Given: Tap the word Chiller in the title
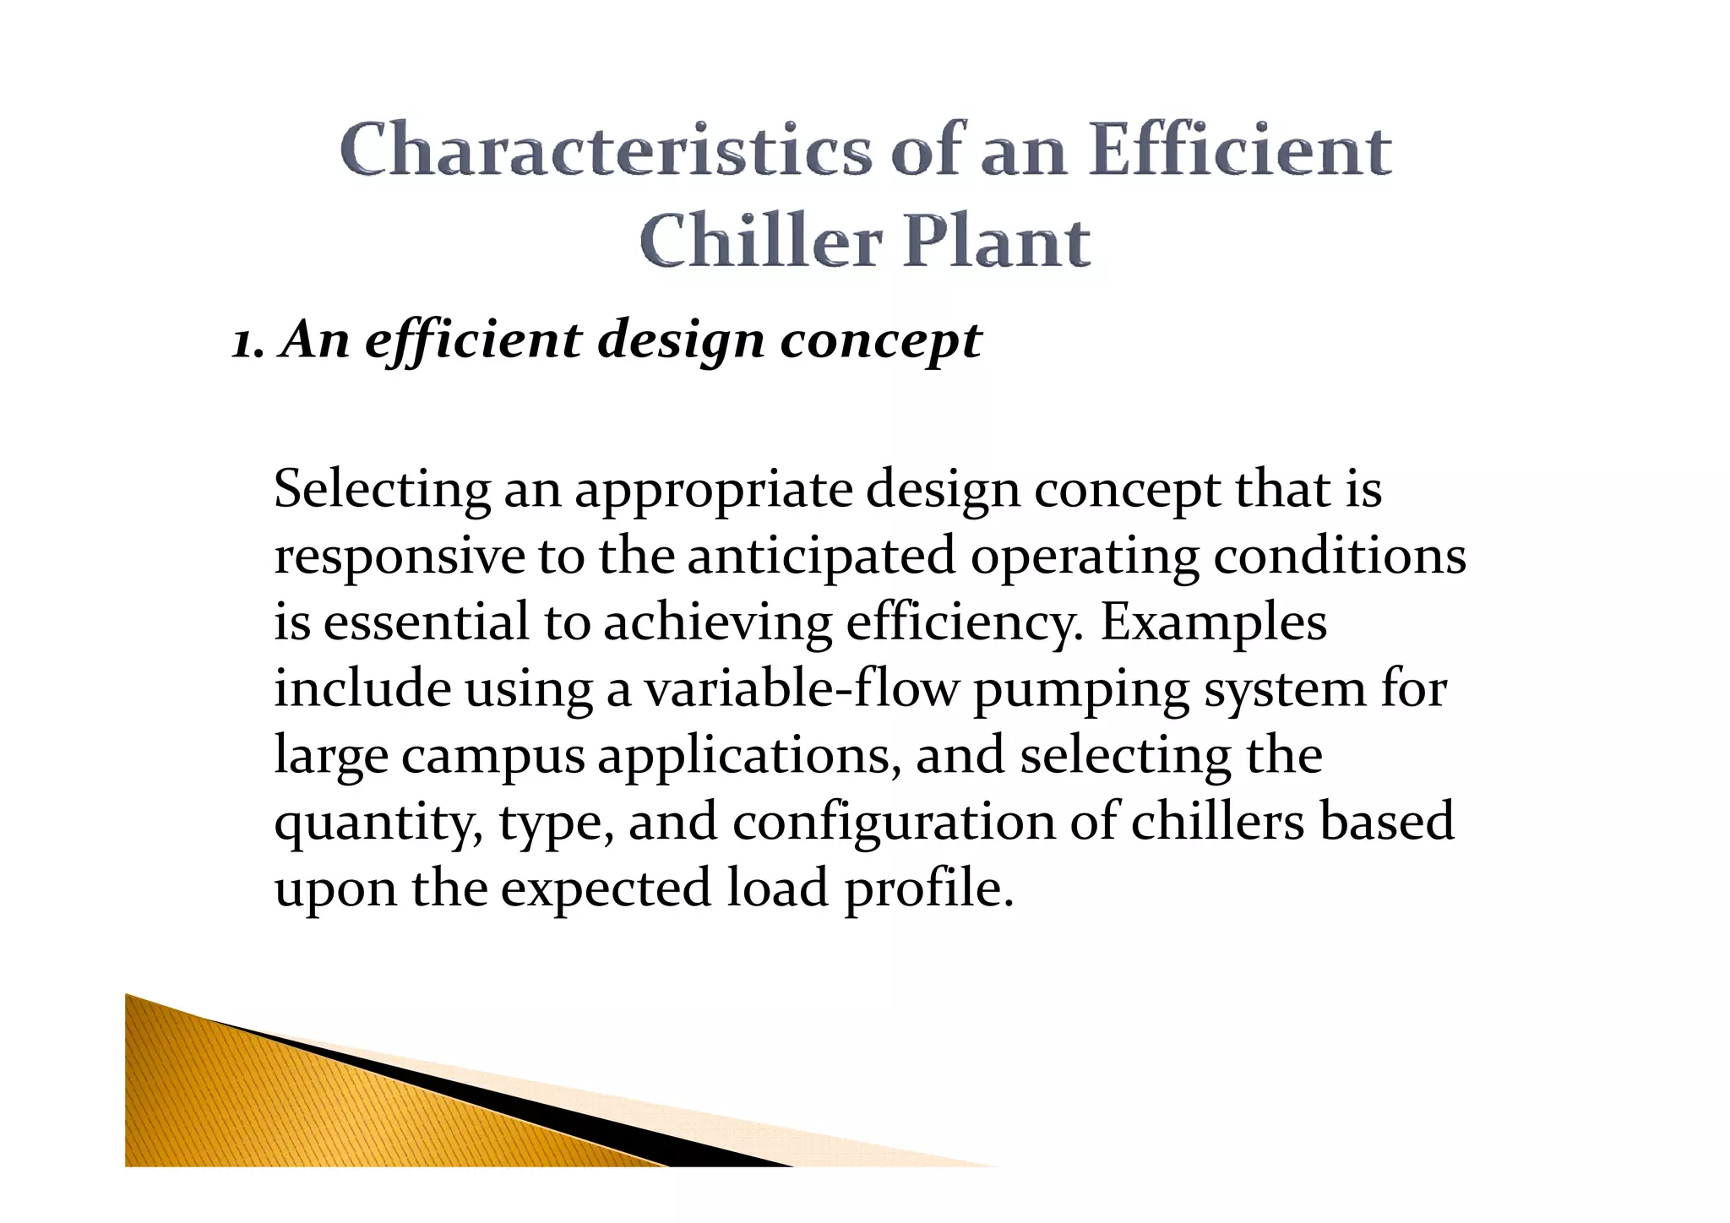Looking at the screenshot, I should tap(760, 242).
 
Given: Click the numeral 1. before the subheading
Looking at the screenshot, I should tap(248, 342).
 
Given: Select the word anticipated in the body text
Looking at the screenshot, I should tap(821, 557).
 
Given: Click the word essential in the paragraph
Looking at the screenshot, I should tap(426, 622).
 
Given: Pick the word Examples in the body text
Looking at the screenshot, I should tap(1213, 622).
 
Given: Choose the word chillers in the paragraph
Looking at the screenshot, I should tap(1217, 822).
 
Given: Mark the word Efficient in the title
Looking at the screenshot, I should tap(1239, 150).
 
